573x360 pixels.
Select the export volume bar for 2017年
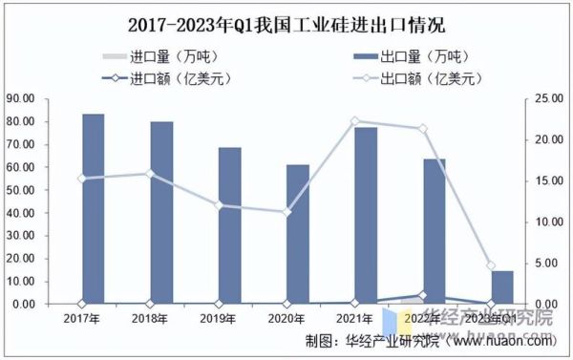coord(94,209)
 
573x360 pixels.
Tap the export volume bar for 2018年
coord(161,213)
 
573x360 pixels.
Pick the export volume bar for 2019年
coord(230,225)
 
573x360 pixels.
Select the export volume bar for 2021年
coord(367,216)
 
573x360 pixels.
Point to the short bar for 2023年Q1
coord(503,287)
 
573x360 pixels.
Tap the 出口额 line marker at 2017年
coord(81,179)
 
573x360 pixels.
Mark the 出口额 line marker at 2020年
coord(286,212)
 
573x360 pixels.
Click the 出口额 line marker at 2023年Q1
coord(490,265)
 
